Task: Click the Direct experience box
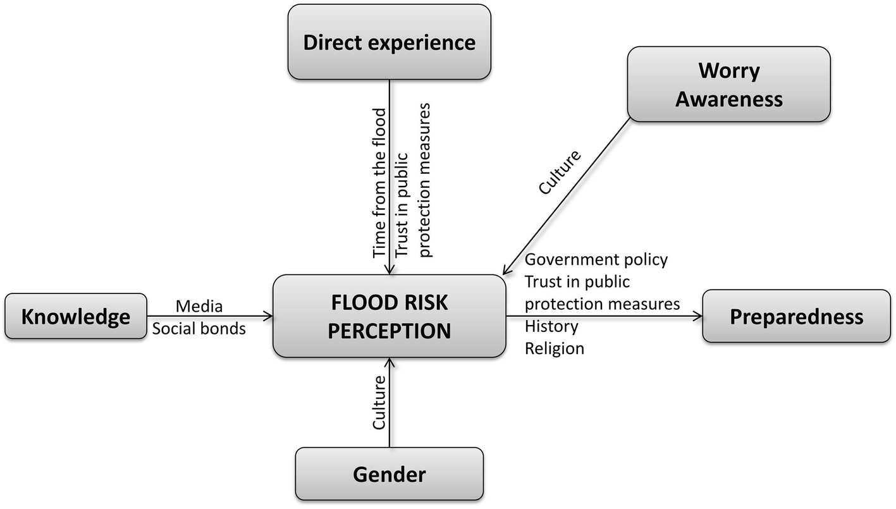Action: click(389, 42)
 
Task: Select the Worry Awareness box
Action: click(728, 83)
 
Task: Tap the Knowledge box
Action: click(76, 316)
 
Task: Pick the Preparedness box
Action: click(796, 316)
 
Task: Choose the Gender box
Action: click(389, 474)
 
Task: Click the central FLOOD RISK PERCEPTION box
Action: click(389, 316)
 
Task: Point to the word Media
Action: click(199, 307)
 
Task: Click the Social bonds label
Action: click(199, 329)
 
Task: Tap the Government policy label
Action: click(596, 259)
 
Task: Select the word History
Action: click(551, 326)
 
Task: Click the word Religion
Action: click(555, 348)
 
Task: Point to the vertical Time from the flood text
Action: click(379, 183)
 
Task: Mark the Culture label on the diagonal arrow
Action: click(560, 172)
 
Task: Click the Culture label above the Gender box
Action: click(379, 402)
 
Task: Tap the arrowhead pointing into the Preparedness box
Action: click(697, 316)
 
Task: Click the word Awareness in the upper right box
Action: click(728, 99)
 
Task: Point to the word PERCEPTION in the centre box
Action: click(389, 331)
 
